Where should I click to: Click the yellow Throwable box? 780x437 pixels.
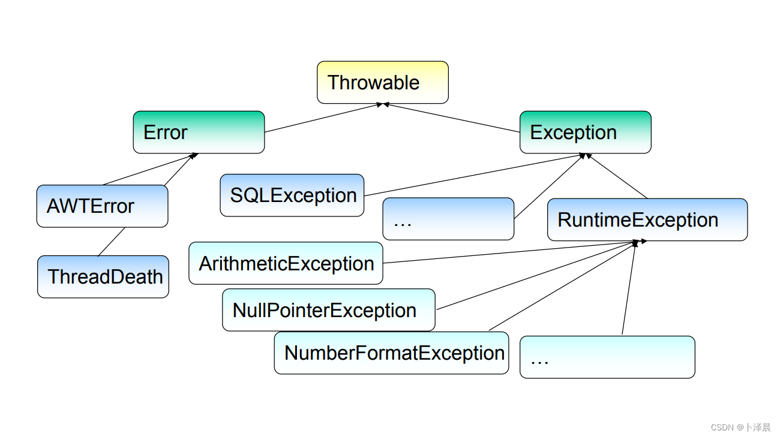click(x=383, y=83)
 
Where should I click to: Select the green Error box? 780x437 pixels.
click(x=199, y=132)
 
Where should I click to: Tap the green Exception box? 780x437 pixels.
click(x=586, y=132)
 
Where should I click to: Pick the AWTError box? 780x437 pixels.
click(x=103, y=206)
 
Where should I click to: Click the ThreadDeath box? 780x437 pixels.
click(x=103, y=276)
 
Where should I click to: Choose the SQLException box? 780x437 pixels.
click(x=292, y=195)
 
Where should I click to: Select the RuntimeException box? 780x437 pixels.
click(x=647, y=219)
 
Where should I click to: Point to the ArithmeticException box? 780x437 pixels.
click(x=286, y=263)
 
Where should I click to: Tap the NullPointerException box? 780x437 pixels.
click(x=329, y=310)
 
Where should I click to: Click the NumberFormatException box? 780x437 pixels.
click(x=391, y=353)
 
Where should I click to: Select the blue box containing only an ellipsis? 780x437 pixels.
click(x=448, y=219)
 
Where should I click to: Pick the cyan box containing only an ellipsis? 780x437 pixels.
click(x=607, y=357)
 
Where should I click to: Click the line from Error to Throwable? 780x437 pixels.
click(x=323, y=118)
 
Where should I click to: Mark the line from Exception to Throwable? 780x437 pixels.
click(x=451, y=118)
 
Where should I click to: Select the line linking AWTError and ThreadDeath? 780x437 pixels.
click(x=112, y=242)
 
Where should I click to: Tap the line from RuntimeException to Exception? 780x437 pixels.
click(x=617, y=176)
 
